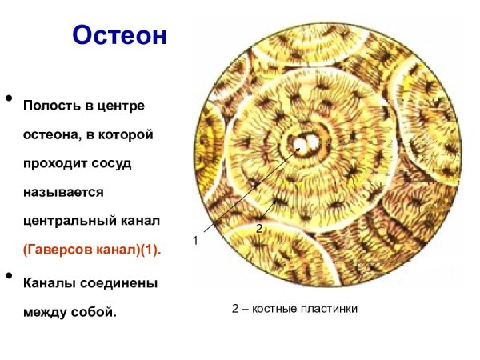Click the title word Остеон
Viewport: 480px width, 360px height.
point(119,36)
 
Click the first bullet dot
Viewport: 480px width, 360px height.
point(10,99)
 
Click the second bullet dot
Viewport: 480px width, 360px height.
point(10,276)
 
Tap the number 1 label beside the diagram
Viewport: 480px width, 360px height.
point(194,240)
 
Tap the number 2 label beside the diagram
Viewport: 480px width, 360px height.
point(258,229)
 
